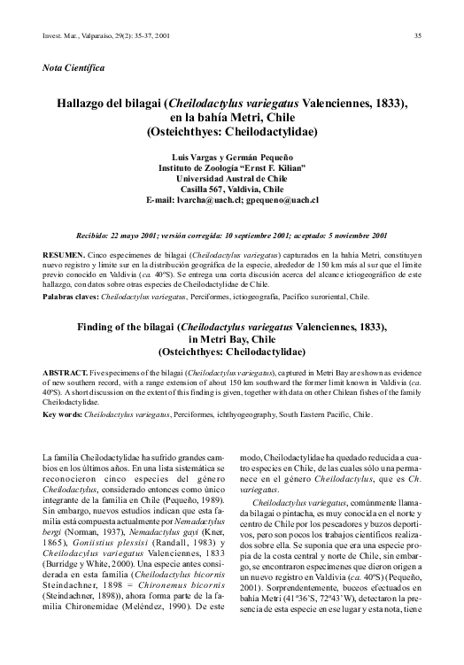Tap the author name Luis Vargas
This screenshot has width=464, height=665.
coord(199,156)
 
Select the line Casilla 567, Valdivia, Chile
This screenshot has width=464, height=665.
coord(231,189)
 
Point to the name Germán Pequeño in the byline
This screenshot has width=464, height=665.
coord(261,156)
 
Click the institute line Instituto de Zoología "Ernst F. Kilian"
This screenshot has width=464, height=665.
coord(232,166)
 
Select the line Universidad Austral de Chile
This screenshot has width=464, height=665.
coord(232,177)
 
